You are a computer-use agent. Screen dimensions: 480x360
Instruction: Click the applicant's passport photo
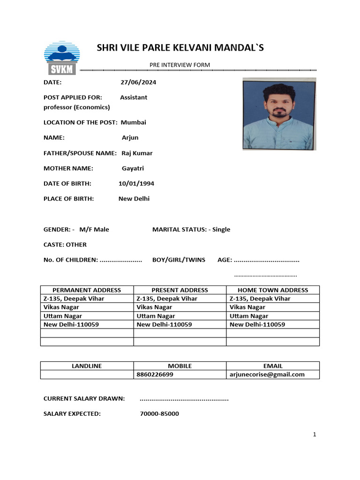point(279,114)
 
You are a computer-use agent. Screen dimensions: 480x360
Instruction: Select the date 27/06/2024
point(138,82)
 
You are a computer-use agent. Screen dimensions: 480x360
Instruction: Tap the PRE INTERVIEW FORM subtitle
point(180,65)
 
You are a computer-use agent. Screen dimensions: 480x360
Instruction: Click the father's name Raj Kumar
point(137,153)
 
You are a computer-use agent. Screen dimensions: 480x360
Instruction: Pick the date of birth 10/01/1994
point(136,183)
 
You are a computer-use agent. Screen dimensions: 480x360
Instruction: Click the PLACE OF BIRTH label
point(69,199)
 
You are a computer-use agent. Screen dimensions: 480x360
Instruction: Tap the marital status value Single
point(221,229)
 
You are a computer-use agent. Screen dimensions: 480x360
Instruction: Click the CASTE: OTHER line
point(65,245)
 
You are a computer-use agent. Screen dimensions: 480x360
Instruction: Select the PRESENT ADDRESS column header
point(180,290)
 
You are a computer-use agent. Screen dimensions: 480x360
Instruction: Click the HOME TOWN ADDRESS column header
point(273,290)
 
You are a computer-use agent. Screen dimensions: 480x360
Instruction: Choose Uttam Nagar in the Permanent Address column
point(63,316)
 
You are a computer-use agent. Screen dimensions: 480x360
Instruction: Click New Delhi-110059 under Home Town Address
point(257,324)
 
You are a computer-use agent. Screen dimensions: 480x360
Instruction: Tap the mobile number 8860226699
point(155,375)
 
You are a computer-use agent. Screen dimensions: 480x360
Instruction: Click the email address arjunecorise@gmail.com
point(267,375)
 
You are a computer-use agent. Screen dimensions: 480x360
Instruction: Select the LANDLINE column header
point(87,366)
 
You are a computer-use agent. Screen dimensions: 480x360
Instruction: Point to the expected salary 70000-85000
point(159,414)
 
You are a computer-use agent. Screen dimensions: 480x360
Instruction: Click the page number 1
point(315,435)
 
